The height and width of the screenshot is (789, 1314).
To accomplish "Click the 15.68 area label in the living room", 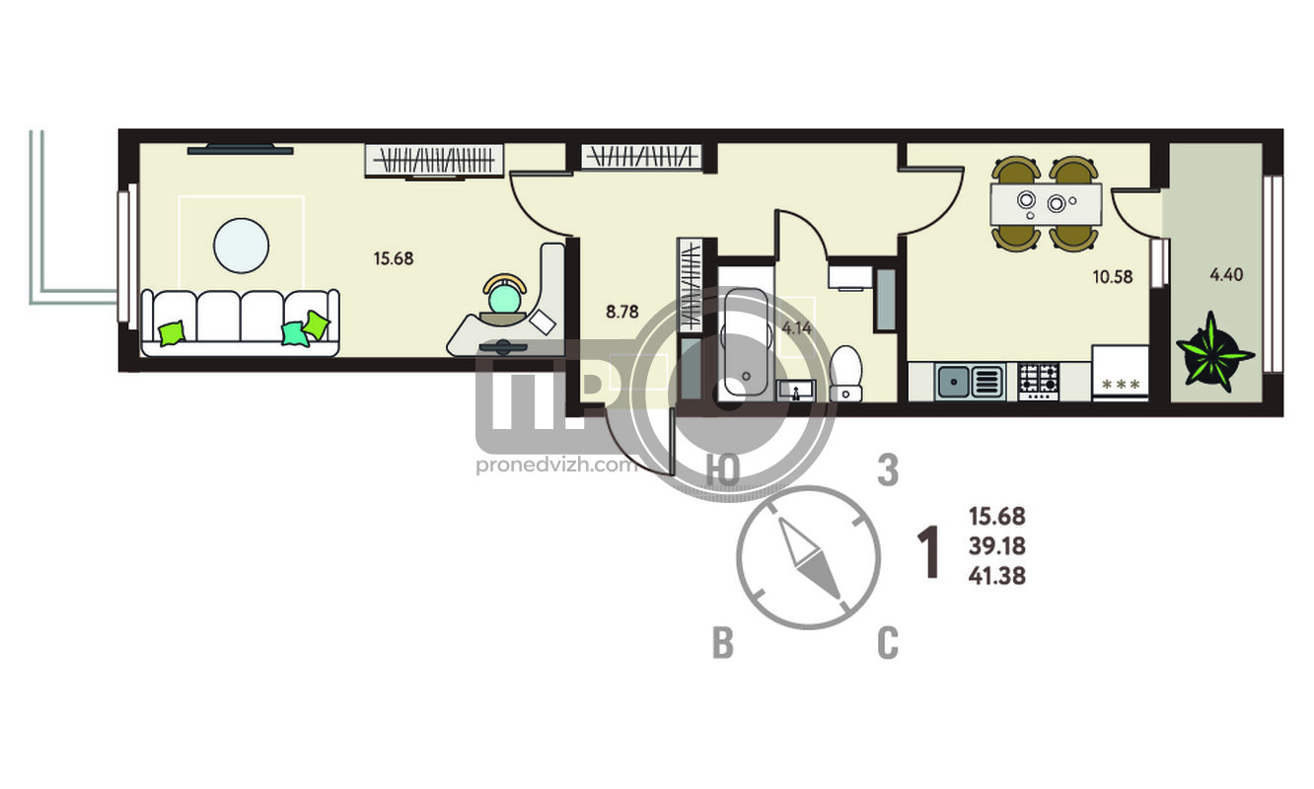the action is click(x=393, y=258).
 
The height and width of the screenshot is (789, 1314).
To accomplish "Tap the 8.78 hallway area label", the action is click(x=621, y=312).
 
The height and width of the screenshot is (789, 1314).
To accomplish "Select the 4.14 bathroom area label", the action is click(x=797, y=327).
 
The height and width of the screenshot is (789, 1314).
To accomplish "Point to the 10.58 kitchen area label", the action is click(x=1112, y=276).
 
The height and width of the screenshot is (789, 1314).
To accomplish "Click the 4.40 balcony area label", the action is click(x=1226, y=274).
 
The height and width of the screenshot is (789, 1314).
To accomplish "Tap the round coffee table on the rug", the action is click(x=241, y=246).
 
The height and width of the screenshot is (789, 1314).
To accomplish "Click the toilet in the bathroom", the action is click(x=845, y=374).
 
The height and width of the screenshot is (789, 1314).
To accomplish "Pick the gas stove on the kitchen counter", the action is click(x=1039, y=382).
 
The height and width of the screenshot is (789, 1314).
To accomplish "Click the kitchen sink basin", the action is click(x=970, y=382).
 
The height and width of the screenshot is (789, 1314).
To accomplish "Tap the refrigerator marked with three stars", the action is click(x=1120, y=373).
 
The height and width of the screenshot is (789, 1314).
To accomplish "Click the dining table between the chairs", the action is click(x=1046, y=204).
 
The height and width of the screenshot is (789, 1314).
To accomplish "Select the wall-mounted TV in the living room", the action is click(x=240, y=149).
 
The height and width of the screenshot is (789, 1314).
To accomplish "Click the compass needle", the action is click(x=809, y=558).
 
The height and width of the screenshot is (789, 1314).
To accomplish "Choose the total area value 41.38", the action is click(x=996, y=576).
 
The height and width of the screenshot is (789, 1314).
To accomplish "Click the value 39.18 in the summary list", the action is click(x=996, y=546).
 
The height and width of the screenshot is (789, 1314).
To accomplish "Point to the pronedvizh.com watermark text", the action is click(x=556, y=466).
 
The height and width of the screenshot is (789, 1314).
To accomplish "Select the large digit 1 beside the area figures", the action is click(x=928, y=552).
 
